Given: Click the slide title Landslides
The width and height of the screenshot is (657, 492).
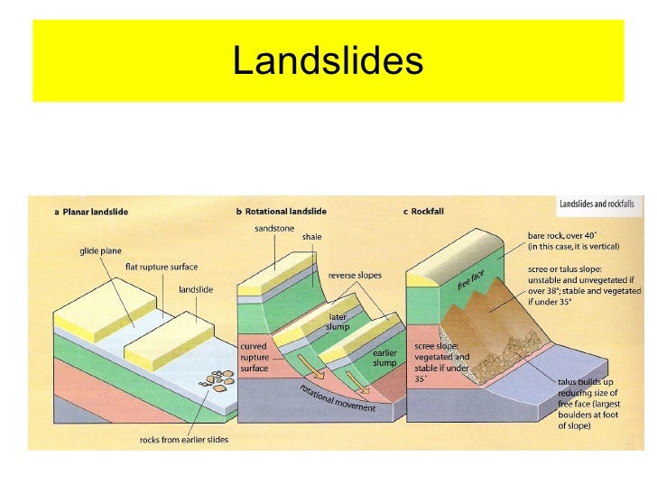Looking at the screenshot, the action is [x=328, y=61].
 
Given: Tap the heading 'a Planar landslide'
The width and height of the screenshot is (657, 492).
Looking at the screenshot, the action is [x=91, y=212].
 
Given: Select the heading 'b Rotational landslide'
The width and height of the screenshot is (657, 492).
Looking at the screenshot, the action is [x=282, y=212].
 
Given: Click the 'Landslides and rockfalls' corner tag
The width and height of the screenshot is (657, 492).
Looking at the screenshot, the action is [x=597, y=205].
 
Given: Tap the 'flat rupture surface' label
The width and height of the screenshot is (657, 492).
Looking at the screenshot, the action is [x=162, y=267].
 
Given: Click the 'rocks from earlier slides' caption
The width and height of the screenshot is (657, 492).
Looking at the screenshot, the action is [x=184, y=440].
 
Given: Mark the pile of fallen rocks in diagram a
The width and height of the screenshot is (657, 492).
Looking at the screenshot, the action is [x=216, y=379].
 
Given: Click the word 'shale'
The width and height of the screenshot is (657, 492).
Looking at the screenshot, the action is [x=311, y=237].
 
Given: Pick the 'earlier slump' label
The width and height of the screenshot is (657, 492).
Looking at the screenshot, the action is [x=385, y=358].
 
